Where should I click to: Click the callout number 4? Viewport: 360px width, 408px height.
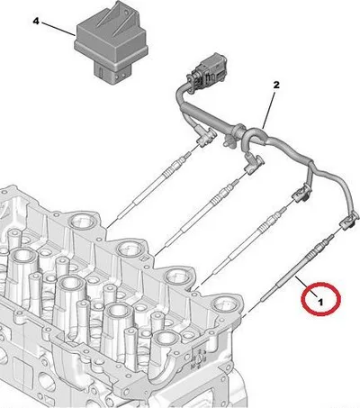pos(36,22)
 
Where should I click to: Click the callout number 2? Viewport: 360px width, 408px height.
pos(276,85)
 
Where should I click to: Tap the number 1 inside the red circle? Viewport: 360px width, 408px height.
pos(320,302)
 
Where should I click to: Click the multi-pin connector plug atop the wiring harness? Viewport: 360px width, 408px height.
pos(208,69)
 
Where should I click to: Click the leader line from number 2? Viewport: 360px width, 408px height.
pos(269,109)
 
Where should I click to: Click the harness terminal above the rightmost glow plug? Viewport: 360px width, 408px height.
pos(348,222)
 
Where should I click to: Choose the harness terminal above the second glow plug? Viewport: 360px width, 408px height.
pos(254,162)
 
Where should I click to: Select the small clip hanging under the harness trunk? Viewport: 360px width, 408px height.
pos(228,141)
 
